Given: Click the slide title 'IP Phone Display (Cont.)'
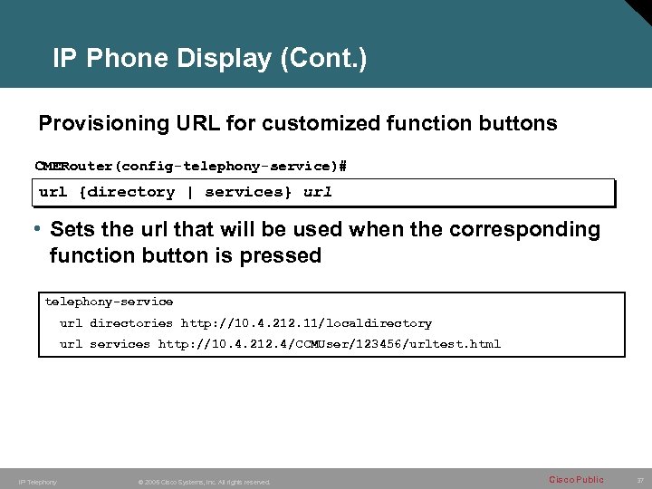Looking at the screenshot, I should (x=210, y=59).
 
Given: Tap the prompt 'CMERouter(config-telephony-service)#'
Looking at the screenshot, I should (x=191, y=167).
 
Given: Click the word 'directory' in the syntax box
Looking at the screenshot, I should (x=132, y=192).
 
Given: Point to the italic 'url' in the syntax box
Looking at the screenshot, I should (x=317, y=192).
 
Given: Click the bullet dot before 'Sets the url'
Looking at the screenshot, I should (x=42, y=230).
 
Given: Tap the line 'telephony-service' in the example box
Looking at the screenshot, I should (x=109, y=302).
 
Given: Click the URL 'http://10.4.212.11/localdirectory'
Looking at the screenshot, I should (x=306, y=323).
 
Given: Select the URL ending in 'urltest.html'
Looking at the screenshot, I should (x=329, y=344).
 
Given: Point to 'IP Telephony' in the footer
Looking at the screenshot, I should (x=37, y=482).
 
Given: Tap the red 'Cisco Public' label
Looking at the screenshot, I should (x=576, y=480).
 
